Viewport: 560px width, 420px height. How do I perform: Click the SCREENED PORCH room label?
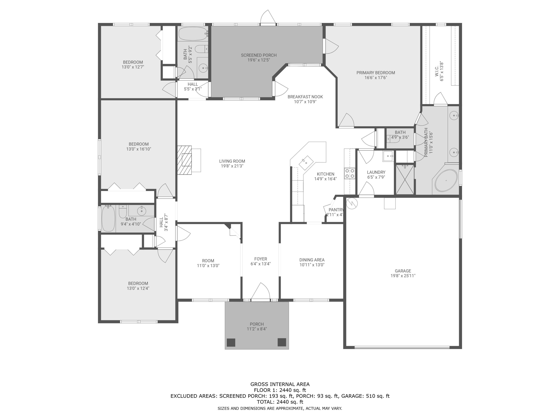(259, 55)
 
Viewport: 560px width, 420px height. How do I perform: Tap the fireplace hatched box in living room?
(184, 160)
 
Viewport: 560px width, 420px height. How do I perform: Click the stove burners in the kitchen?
(350, 173)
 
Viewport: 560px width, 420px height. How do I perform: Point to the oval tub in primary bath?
(446, 181)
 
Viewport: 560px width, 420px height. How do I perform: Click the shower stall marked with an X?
(405, 180)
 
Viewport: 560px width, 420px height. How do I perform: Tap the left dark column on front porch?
(231, 342)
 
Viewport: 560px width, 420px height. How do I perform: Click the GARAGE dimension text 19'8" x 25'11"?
(403, 276)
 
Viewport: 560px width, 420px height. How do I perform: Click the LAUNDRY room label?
(376, 172)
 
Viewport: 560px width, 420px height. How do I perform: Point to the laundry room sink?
(388, 156)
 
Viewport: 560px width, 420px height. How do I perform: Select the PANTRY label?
(336, 210)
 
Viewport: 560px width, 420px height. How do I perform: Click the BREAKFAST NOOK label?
(305, 97)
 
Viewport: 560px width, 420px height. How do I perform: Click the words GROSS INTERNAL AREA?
(280, 384)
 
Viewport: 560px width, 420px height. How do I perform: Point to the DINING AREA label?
(312, 260)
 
